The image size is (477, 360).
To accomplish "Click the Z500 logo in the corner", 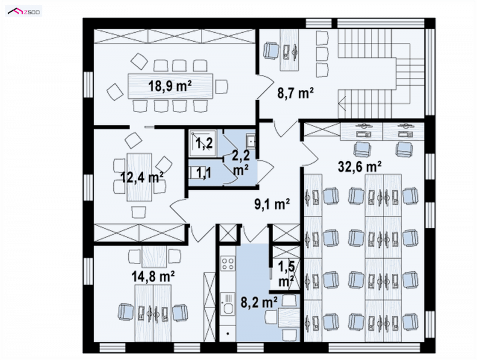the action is [x=24, y=11].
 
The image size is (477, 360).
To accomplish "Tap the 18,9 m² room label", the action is [x=170, y=86].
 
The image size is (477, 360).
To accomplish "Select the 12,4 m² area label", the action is [x=142, y=177].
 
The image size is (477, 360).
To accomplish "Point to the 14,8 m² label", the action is [x=153, y=277].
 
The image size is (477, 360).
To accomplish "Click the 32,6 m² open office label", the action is [x=360, y=167].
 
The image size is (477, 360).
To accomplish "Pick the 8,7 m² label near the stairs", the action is [x=295, y=93].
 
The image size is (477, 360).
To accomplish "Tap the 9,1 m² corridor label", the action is [x=272, y=204].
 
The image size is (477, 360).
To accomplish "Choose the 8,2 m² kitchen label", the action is [x=259, y=303].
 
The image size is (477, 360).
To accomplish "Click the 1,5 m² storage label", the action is [x=286, y=274].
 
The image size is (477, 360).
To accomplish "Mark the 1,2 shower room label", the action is [x=203, y=143].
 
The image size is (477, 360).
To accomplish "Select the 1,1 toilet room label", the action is [x=203, y=173].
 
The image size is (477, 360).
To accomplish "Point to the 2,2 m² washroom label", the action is [x=241, y=162].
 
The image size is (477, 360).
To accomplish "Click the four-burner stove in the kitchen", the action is [x=228, y=263].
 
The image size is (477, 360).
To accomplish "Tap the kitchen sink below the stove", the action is [x=228, y=304].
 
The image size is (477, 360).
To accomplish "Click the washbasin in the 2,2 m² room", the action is [x=250, y=141].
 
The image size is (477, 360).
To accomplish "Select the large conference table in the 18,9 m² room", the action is [x=171, y=86].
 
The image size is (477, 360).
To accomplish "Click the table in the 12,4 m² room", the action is [x=139, y=177].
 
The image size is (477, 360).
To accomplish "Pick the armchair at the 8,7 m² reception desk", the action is [x=271, y=50].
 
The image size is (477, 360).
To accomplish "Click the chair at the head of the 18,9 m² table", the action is [x=221, y=86].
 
